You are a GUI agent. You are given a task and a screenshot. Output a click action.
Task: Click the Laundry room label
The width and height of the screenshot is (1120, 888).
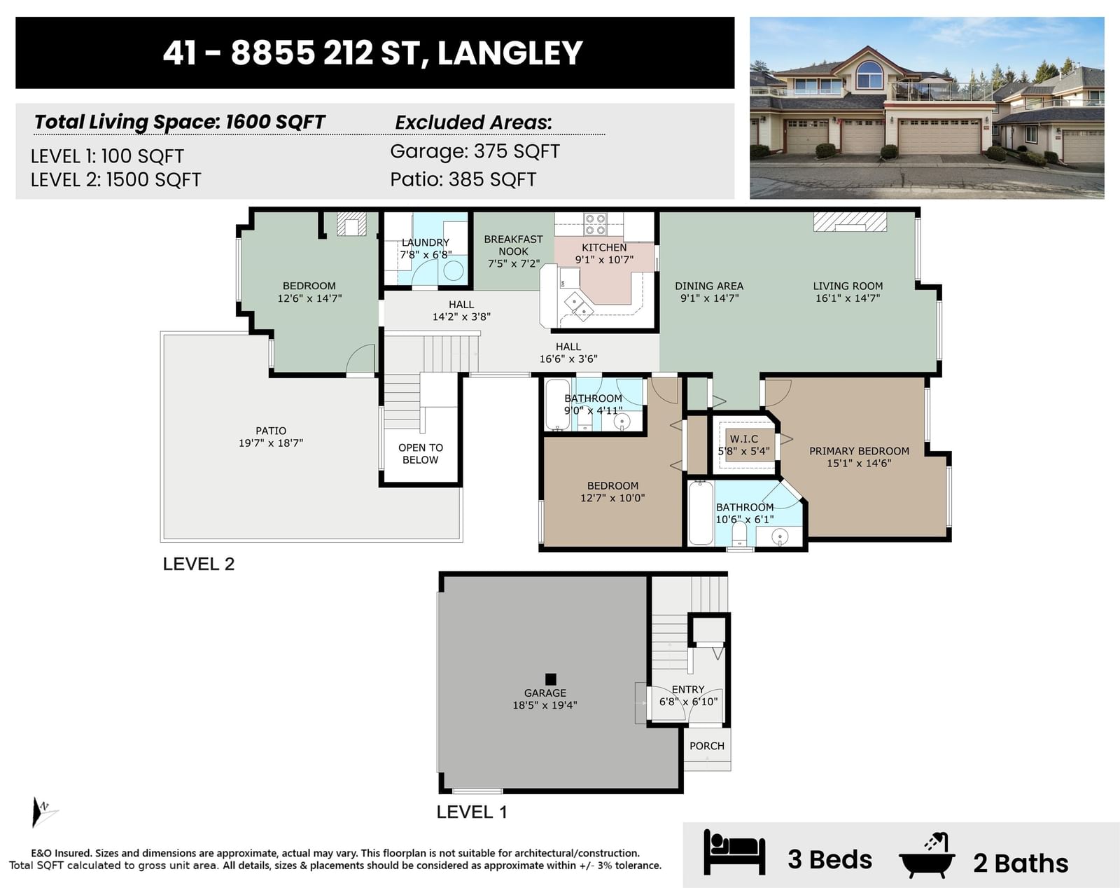coord(425,243)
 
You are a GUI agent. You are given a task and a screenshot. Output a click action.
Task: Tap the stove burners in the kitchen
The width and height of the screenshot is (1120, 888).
coord(595,225)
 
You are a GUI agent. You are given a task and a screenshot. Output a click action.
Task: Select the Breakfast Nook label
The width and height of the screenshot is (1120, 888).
coord(513,245)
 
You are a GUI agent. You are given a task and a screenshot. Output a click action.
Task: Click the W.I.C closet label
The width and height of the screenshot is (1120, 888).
coord(743,439)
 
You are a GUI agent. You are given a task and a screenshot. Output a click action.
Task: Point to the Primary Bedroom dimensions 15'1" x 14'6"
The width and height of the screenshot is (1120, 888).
coord(860,463)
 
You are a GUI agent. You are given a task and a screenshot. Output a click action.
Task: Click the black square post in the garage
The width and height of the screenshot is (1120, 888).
coord(551,679)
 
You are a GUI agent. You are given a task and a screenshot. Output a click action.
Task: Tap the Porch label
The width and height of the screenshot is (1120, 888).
coord(707,746)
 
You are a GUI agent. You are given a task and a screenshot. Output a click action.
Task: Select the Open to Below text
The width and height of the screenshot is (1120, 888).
coord(421,454)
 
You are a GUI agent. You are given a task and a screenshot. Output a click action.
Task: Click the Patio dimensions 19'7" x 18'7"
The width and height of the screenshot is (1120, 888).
coord(271,443)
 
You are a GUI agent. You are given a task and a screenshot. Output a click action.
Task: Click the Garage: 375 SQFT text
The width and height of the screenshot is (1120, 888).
coord(475,151)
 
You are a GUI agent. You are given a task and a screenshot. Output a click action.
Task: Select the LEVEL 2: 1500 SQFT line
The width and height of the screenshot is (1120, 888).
coord(115,180)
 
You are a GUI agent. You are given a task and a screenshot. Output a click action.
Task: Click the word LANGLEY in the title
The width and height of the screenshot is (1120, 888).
coord(510,53)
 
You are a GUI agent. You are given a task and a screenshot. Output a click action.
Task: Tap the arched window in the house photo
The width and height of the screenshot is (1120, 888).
coord(869,75)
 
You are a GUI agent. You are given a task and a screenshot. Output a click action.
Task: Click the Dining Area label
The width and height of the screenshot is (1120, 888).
coord(709,286)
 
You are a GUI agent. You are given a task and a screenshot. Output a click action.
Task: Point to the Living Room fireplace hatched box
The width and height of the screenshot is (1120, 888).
coord(850,221)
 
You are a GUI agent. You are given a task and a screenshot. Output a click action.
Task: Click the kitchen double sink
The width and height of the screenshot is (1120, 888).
coord(578,306)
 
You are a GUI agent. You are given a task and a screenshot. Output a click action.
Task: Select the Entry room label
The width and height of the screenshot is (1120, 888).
coord(688,690)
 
